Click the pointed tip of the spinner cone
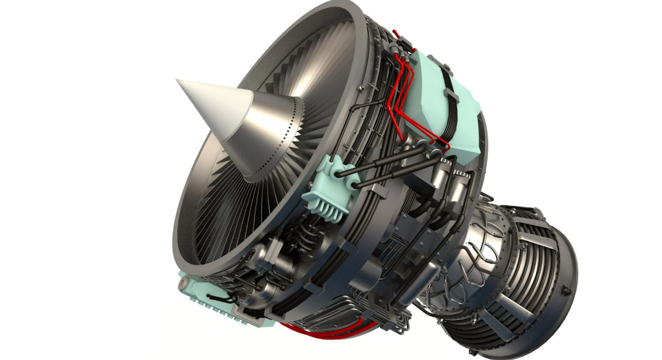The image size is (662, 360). [x=178, y=81]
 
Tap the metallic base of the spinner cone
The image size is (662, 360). [x=273, y=131]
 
